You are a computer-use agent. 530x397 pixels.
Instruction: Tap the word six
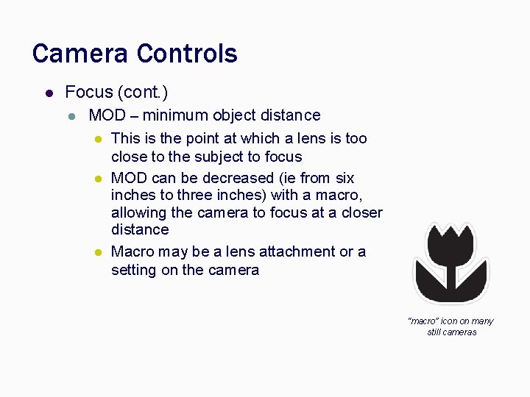[344, 178]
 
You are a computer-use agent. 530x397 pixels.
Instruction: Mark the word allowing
[139, 212]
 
